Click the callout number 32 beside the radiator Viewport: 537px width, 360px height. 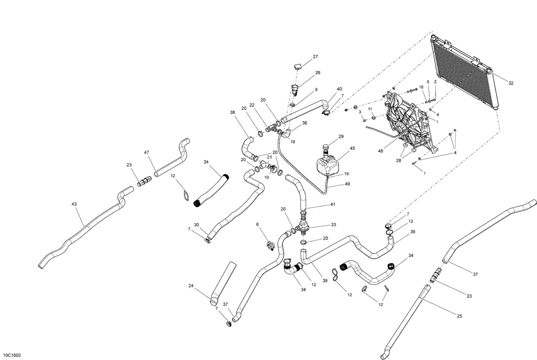pyautogui.click(x=511, y=83)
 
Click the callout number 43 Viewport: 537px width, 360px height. pyautogui.click(x=74, y=204)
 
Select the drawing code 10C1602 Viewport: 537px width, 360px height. pyautogui.click(x=11, y=355)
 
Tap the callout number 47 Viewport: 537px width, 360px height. pyautogui.click(x=146, y=153)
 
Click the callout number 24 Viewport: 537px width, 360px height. pyautogui.click(x=191, y=286)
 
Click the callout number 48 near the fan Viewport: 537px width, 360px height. pyautogui.click(x=380, y=151)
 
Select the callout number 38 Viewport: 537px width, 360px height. pyautogui.click(x=233, y=112)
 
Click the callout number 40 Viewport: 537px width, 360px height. pyautogui.click(x=339, y=89)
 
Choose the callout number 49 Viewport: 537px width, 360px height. pyautogui.click(x=347, y=184)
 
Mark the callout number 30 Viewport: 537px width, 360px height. pyautogui.click(x=196, y=225)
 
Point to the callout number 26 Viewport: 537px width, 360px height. pyautogui.click(x=318, y=73)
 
